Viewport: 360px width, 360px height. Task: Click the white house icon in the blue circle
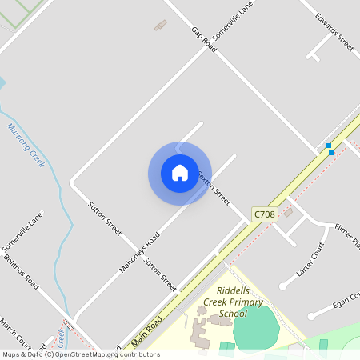click(x=179, y=173)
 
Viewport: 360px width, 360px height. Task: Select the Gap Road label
click(x=204, y=39)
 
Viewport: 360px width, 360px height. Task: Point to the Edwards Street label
click(x=334, y=30)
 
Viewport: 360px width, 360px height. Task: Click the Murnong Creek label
click(x=26, y=145)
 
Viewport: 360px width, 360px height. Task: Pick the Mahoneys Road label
click(x=140, y=252)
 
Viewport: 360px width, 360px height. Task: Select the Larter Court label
click(x=310, y=259)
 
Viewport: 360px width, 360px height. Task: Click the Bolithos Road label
click(x=21, y=272)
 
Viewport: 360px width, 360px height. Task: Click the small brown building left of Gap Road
click(x=161, y=26)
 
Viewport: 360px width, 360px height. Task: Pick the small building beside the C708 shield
click(x=288, y=212)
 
